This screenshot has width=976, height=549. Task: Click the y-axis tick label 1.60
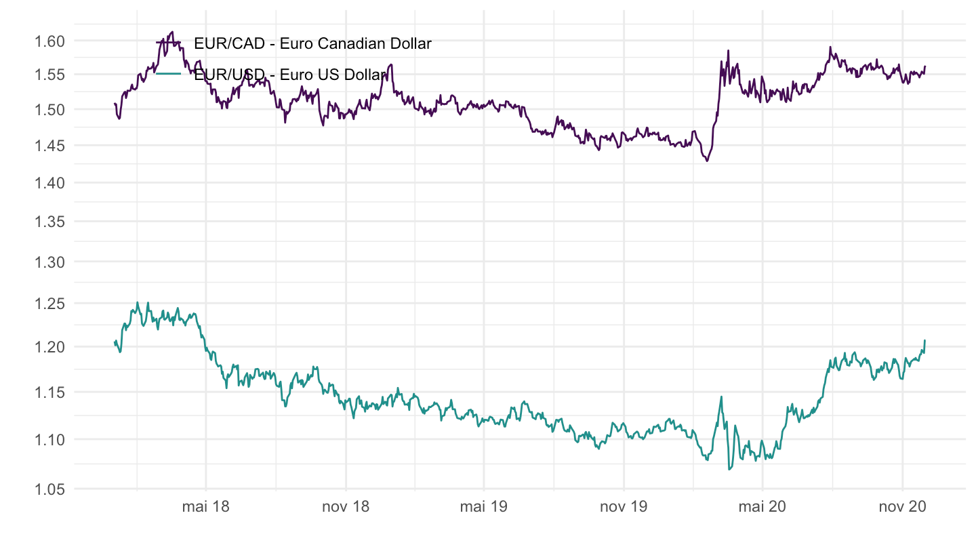pos(49,41)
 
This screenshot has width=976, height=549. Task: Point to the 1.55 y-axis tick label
pos(49,75)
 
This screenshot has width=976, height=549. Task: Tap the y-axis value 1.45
pos(49,146)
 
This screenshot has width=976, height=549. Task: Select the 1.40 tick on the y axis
pos(49,183)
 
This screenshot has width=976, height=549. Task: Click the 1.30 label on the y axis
pos(49,262)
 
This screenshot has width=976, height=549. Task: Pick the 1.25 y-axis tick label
pos(49,304)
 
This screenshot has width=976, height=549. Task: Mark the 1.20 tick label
pos(49,347)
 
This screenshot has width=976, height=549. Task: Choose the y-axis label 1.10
pos(49,440)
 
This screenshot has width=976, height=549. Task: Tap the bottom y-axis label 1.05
pos(49,489)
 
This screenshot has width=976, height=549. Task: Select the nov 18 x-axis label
pos(345,507)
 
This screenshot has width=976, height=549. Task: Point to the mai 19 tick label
pos(483,507)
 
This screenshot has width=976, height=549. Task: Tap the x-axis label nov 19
pos(623,507)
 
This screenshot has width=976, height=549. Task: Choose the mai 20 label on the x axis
pos(762,507)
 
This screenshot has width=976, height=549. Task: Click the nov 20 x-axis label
pos(901,507)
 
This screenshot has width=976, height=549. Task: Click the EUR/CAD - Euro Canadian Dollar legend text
pos(312,44)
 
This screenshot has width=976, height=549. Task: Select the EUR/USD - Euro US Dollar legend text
pos(290,75)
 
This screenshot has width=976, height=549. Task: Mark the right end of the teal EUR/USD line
pos(924,340)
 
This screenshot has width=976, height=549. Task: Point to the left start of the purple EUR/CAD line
pos(115,104)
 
